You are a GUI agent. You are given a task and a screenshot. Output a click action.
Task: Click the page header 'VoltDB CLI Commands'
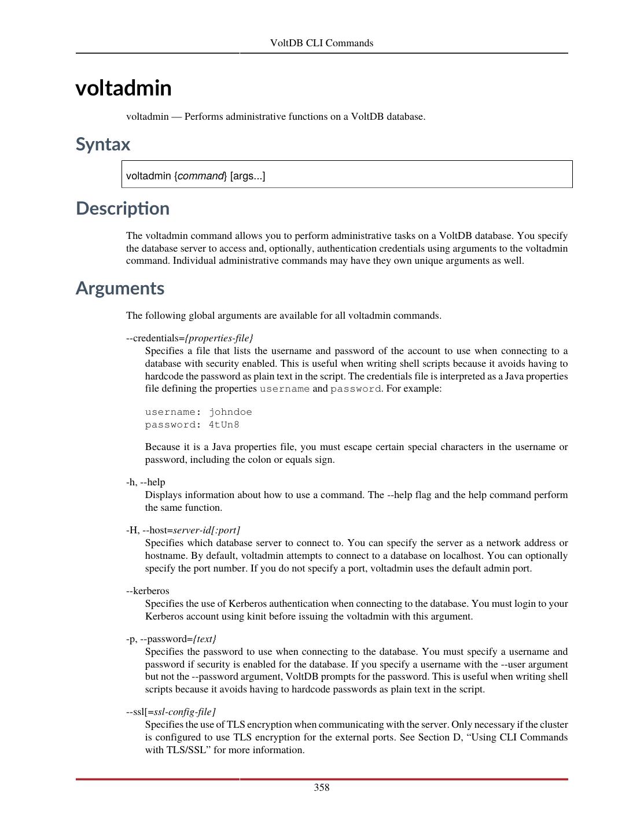point(321,43)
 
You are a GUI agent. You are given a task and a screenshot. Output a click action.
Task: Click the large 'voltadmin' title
point(123,89)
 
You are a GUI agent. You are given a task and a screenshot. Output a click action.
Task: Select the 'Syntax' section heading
point(103,144)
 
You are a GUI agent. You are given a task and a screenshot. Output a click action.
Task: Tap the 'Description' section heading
point(122,208)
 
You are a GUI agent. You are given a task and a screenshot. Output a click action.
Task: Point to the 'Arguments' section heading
point(120,288)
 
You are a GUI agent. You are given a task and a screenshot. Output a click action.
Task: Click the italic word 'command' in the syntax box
point(201,176)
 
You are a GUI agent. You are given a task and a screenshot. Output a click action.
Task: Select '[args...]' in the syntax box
point(248,176)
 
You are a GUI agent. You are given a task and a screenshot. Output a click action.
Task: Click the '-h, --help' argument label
point(145,482)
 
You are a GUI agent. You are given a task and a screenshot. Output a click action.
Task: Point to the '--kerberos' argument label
point(148,591)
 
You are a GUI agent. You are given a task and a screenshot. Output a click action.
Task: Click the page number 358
point(321,787)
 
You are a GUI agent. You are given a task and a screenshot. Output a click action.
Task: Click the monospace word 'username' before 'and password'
point(284,389)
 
